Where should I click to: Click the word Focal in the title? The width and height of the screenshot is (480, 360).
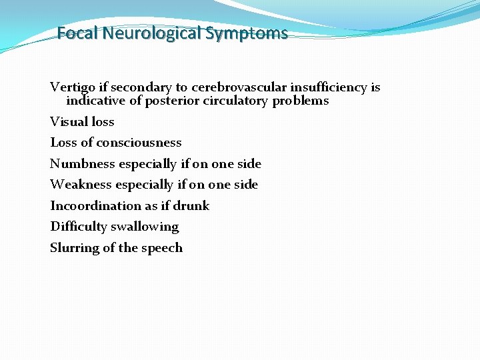[x=77, y=33]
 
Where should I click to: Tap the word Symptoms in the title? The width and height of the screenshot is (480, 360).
[x=247, y=33]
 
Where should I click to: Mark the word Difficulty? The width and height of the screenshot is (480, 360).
[x=79, y=227]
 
